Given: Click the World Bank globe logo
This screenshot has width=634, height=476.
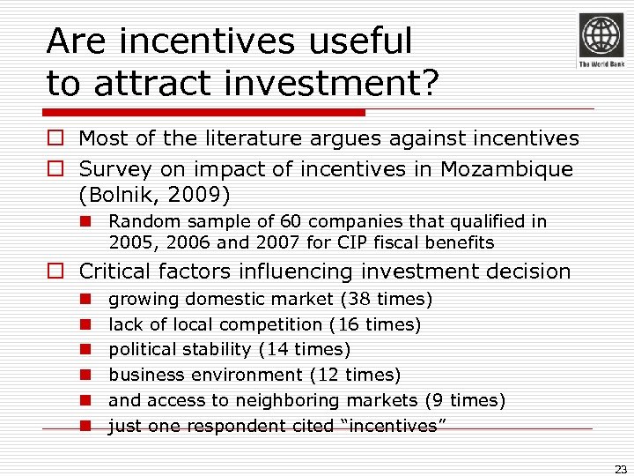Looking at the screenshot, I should point(601,37).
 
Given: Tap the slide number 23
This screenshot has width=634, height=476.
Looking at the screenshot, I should point(620,470).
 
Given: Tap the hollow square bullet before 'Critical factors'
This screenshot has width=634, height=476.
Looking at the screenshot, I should point(55,271).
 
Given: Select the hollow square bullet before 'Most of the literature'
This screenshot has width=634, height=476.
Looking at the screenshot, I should point(55,138).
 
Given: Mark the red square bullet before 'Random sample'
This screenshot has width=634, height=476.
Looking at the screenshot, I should point(85,221).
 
